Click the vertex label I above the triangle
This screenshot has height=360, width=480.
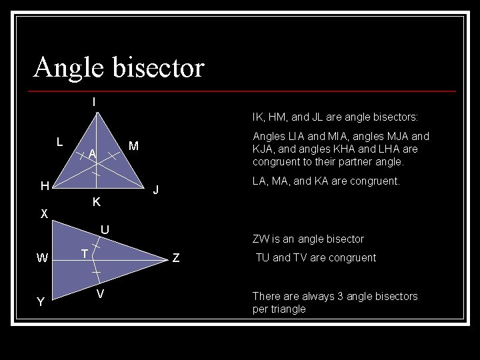click(x=94, y=103)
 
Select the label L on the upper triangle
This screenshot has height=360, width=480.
click(x=59, y=141)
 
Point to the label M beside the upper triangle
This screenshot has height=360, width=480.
click(x=133, y=146)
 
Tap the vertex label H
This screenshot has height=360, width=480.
click(x=44, y=186)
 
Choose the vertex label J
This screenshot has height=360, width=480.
click(x=155, y=189)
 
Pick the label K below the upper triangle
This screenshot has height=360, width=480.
click(x=96, y=202)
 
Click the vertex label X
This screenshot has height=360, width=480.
click(x=43, y=214)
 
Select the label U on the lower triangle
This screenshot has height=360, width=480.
click(x=105, y=230)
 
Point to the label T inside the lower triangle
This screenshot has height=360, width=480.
click(x=85, y=254)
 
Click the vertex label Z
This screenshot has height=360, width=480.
click(x=176, y=258)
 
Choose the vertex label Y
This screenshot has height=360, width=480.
click(x=41, y=302)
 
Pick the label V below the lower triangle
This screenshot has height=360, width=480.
click(x=100, y=295)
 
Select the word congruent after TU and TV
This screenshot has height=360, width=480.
click(x=351, y=258)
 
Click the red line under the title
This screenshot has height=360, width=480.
click(x=244, y=91)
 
